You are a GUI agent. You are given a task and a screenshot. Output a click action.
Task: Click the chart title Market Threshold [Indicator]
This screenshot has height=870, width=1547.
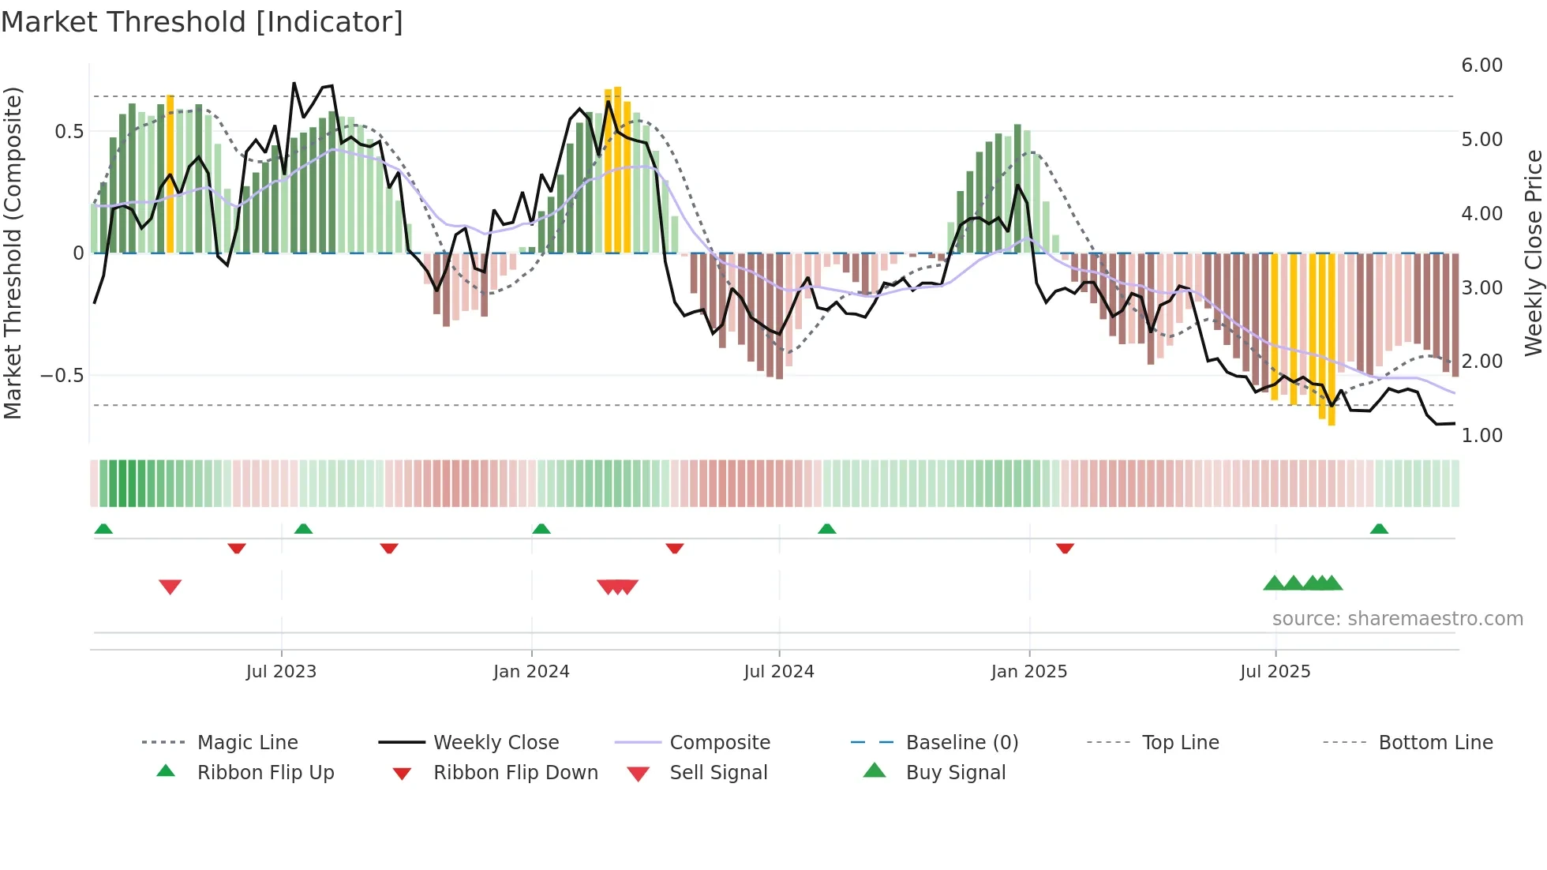202,22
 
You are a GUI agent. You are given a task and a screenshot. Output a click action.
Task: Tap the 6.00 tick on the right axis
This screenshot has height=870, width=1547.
1481,66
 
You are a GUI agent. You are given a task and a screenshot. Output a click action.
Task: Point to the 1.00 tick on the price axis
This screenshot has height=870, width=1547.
1481,436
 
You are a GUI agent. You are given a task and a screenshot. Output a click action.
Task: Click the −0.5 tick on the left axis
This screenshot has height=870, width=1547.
62,376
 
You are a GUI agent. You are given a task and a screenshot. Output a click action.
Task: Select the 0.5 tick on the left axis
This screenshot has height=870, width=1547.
69,132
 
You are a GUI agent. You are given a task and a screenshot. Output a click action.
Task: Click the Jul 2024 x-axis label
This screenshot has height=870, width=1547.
778,672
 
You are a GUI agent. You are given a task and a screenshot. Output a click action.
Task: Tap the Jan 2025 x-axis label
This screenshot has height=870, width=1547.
1028,672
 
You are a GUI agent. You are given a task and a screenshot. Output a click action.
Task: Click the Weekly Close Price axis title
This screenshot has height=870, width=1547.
1533,253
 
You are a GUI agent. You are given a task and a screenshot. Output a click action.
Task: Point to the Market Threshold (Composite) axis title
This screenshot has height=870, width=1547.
13,253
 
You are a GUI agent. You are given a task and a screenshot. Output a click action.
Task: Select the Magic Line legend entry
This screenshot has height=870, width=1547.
247,743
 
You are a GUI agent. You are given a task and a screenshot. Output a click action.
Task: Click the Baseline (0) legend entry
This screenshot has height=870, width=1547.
961,743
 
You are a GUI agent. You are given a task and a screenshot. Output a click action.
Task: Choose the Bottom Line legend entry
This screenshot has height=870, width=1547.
1435,743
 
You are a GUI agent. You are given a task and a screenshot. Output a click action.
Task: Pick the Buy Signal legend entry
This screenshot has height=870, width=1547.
955,773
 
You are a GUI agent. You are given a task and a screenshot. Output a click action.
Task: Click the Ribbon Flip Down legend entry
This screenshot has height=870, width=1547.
515,773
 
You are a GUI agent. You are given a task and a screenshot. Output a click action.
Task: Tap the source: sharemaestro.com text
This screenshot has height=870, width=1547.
1397,619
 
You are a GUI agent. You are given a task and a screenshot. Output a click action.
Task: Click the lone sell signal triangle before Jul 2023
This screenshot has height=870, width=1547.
170,587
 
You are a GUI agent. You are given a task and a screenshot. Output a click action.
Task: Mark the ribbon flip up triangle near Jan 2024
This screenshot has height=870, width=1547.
541,529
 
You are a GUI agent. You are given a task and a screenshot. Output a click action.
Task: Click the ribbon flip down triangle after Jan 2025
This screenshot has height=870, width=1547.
1065,548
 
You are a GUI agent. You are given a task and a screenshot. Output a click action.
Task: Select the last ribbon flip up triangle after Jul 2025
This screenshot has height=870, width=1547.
1379,529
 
